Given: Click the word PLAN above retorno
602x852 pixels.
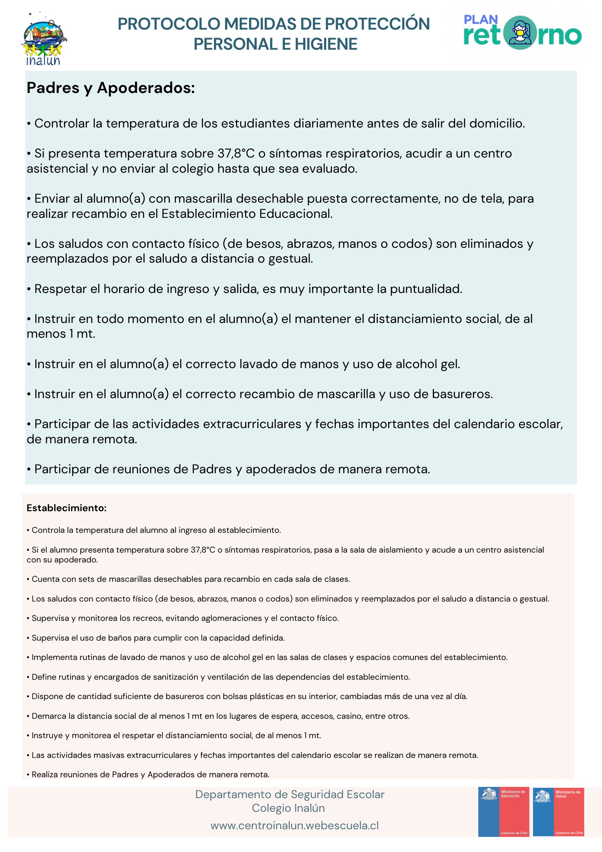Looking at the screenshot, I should tap(481, 20).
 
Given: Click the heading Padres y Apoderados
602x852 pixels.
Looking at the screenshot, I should tap(110, 88).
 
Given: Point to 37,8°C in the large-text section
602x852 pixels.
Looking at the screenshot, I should tap(236, 154).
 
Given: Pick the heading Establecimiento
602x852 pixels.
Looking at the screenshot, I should tap(66, 508).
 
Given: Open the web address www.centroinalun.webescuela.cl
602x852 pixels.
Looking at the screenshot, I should tap(294, 826).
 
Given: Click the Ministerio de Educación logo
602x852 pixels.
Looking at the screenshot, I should tap(503, 811).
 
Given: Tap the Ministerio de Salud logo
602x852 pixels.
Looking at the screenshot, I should tap(558, 811).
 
